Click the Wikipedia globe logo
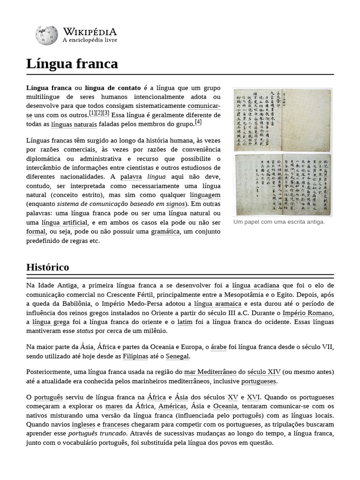pyautogui.click(x=46, y=35)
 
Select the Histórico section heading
pyautogui.click(x=48, y=267)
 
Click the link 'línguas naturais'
pyautogui.click(x=74, y=125)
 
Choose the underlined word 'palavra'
pyautogui.click(x=131, y=177)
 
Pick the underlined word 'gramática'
pyautogui.click(x=165, y=232)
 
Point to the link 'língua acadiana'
pyautogui.click(x=255, y=285)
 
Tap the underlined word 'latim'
pyautogui.click(x=185, y=322)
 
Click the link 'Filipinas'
pyautogui.click(x=135, y=356)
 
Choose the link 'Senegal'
pyautogui.click(x=177, y=356)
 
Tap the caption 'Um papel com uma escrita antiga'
pyautogui.click(x=279, y=222)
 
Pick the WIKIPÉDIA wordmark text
pyautogui.click(x=90, y=31)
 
